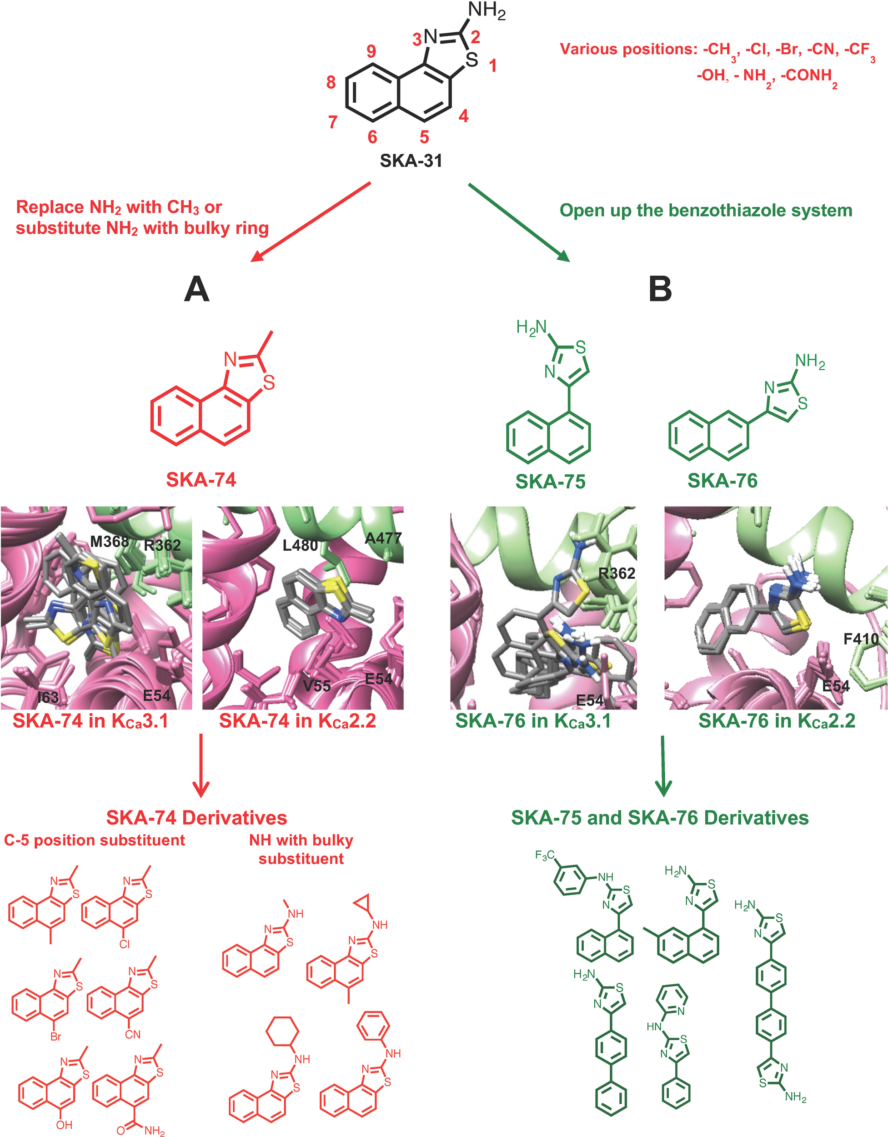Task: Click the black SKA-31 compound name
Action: click(x=411, y=161)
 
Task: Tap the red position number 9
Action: click(x=371, y=51)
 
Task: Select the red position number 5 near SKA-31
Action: click(x=424, y=137)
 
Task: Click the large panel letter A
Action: click(x=196, y=289)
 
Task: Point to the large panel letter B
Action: click(x=660, y=289)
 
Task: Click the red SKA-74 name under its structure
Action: click(x=201, y=479)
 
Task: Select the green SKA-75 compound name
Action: click(x=550, y=482)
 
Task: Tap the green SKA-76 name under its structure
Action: click(x=722, y=481)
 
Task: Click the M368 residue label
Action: click(x=109, y=542)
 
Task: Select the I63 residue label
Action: click(x=47, y=697)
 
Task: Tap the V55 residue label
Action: click(x=317, y=686)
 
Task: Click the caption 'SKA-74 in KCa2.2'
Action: click(x=297, y=721)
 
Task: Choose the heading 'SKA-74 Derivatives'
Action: click(x=196, y=818)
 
